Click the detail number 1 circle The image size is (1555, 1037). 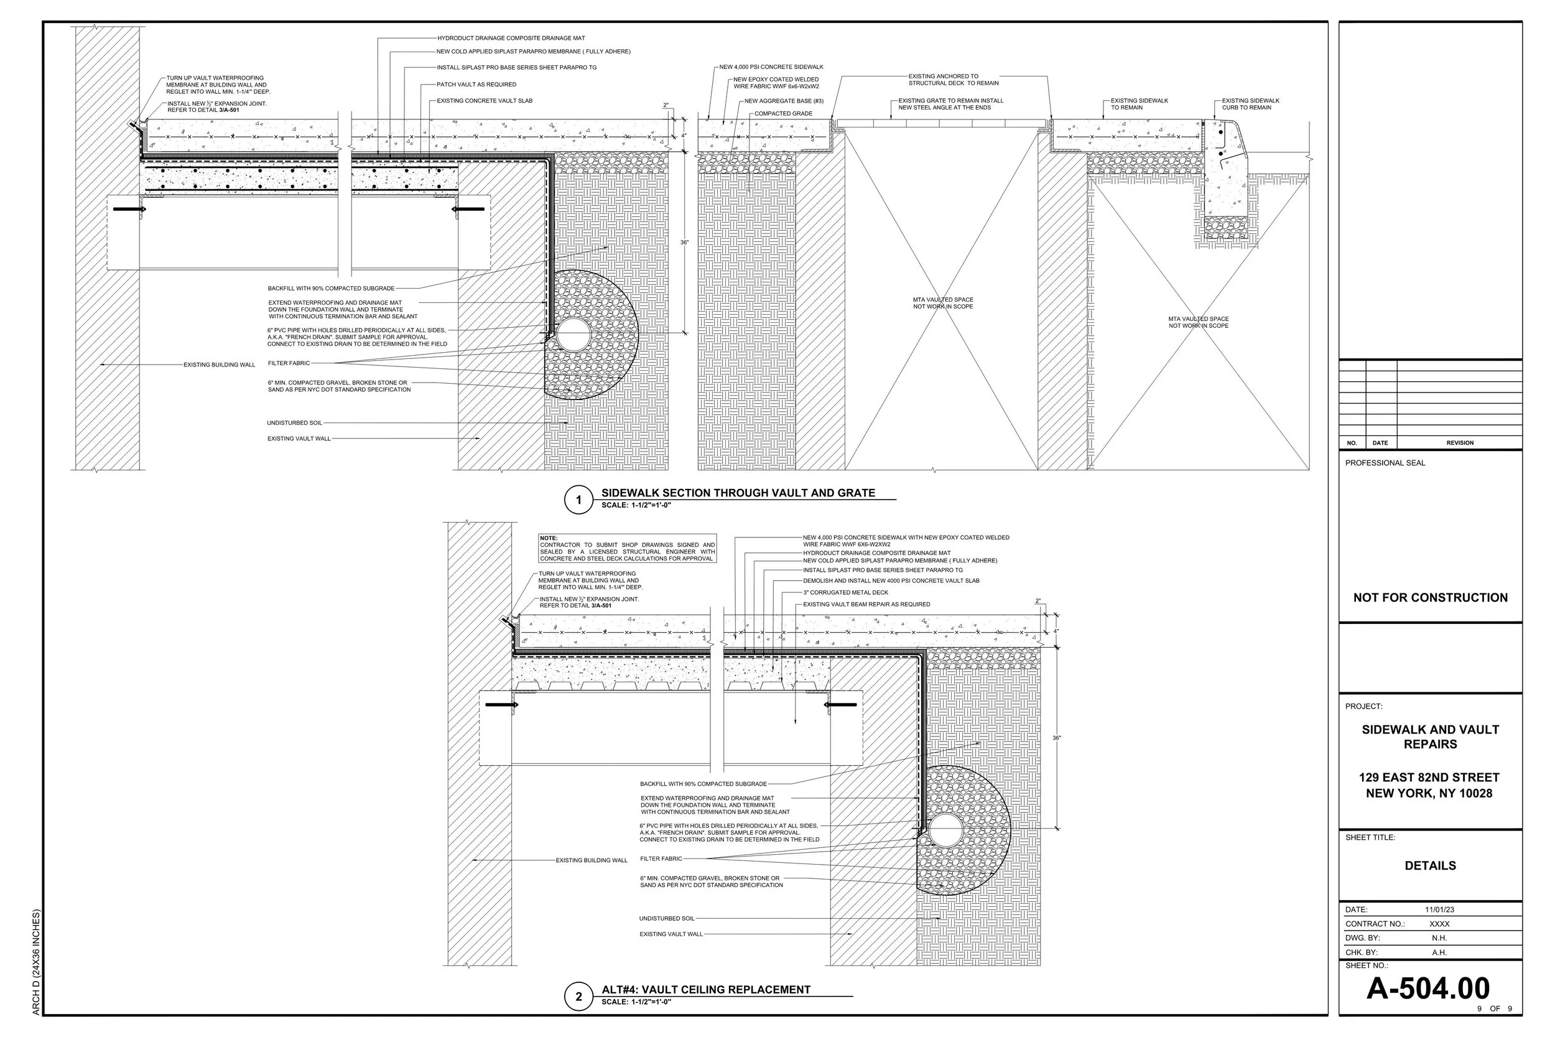tap(579, 500)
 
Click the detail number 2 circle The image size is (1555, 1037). tap(579, 997)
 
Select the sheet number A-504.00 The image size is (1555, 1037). tap(1427, 988)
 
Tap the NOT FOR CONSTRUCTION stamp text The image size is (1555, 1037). tap(1430, 598)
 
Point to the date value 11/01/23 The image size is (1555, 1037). tap(1439, 910)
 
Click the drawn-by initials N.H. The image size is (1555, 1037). tap(1439, 939)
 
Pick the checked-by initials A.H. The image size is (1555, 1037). tap(1439, 953)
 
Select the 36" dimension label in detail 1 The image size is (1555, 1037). tap(684, 243)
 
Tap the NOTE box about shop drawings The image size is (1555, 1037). tap(628, 548)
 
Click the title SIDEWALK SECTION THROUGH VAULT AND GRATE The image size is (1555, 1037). tap(738, 493)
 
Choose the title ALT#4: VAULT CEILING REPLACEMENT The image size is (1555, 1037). tap(705, 989)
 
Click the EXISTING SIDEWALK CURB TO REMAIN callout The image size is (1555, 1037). tap(1250, 105)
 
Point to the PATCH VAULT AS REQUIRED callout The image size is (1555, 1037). tap(476, 85)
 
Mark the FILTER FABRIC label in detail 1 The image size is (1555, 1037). tap(289, 363)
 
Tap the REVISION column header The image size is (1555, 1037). tap(1460, 443)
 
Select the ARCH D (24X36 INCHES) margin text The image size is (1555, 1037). tap(36, 962)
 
